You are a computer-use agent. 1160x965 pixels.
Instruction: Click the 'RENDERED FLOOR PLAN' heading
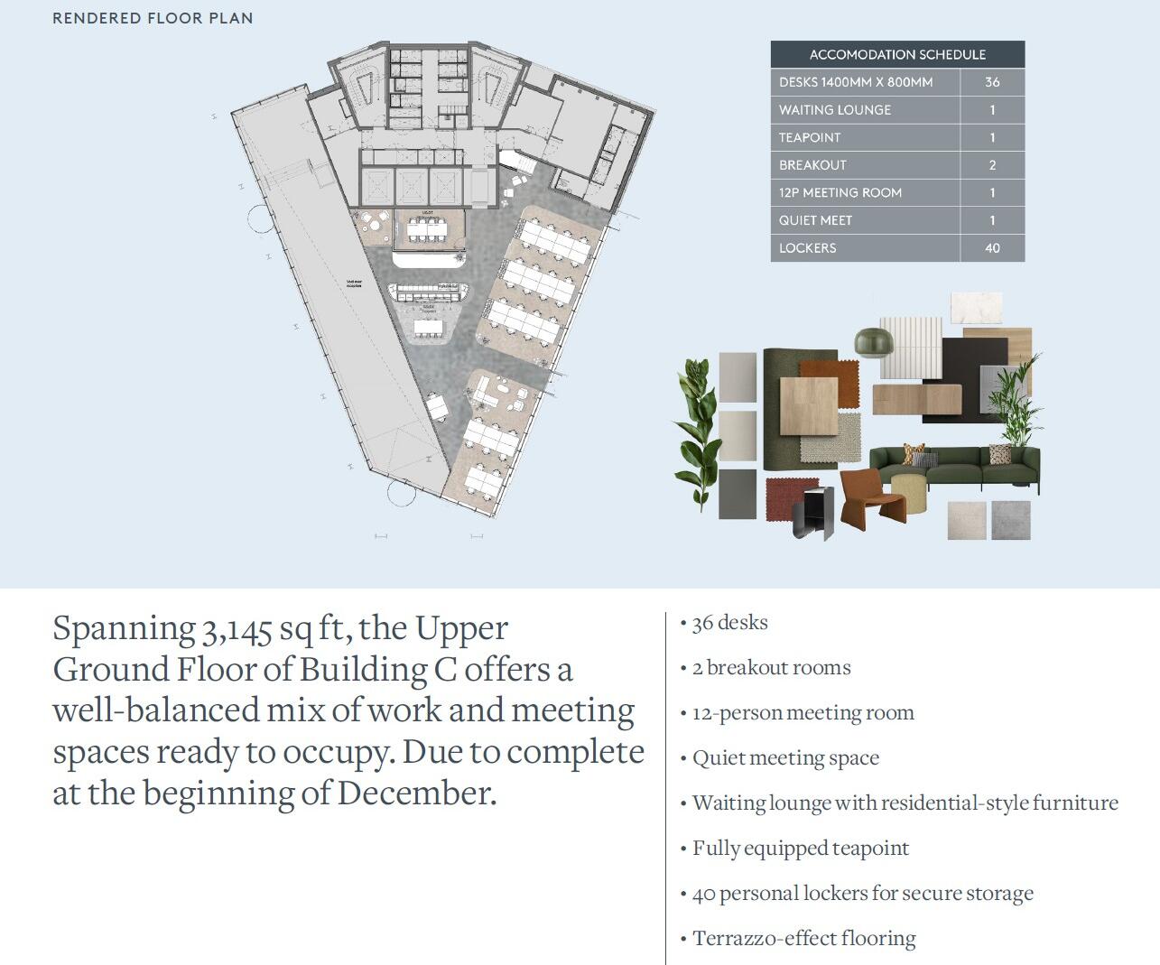pos(153,18)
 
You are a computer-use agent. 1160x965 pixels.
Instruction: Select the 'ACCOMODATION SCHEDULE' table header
pos(897,54)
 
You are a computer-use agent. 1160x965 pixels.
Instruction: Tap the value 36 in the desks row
pos(992,82)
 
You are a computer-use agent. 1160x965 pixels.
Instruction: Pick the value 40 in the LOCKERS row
pos(992,248)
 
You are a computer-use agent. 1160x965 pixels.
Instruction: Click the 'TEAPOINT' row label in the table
pos(810,137)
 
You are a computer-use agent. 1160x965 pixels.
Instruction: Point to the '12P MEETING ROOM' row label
pos(840,193)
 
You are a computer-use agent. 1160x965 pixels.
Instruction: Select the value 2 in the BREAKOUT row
pos(992,165)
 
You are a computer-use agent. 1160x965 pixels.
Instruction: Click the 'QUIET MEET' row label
pos(815,220)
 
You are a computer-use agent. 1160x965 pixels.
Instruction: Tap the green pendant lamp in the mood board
pos(872,340)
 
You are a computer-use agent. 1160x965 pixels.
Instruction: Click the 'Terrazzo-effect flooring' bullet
pos(803,939)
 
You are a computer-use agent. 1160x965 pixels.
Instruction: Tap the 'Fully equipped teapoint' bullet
pos(800,849)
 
